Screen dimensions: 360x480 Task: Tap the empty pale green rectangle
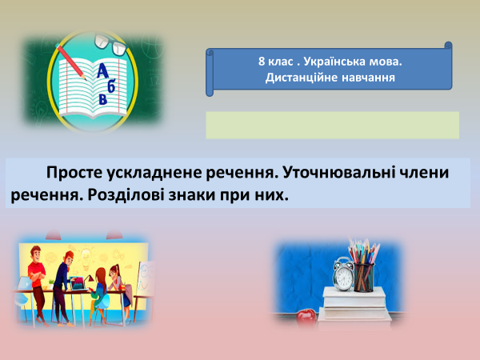point(332,125)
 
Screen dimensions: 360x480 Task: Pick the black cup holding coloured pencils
point(365,277)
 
